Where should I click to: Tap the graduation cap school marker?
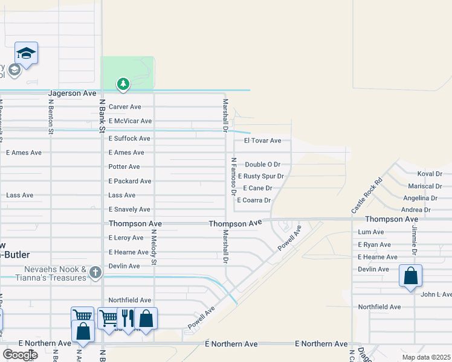(27, 54)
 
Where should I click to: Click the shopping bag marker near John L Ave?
(410, 276)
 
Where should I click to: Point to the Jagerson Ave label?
(73, 94)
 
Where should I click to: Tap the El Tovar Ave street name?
(262, 141)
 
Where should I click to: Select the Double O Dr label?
(263, 164)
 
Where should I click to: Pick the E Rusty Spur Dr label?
(260, 176)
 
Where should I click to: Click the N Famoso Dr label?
(233, 177)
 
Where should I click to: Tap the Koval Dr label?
(430, 174)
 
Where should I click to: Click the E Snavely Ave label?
(129, 209)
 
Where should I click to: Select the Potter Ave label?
(124, 167)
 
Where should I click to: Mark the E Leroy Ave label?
(126, 238)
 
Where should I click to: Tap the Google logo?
(19, 355)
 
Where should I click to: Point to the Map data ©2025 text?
(426, 357)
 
